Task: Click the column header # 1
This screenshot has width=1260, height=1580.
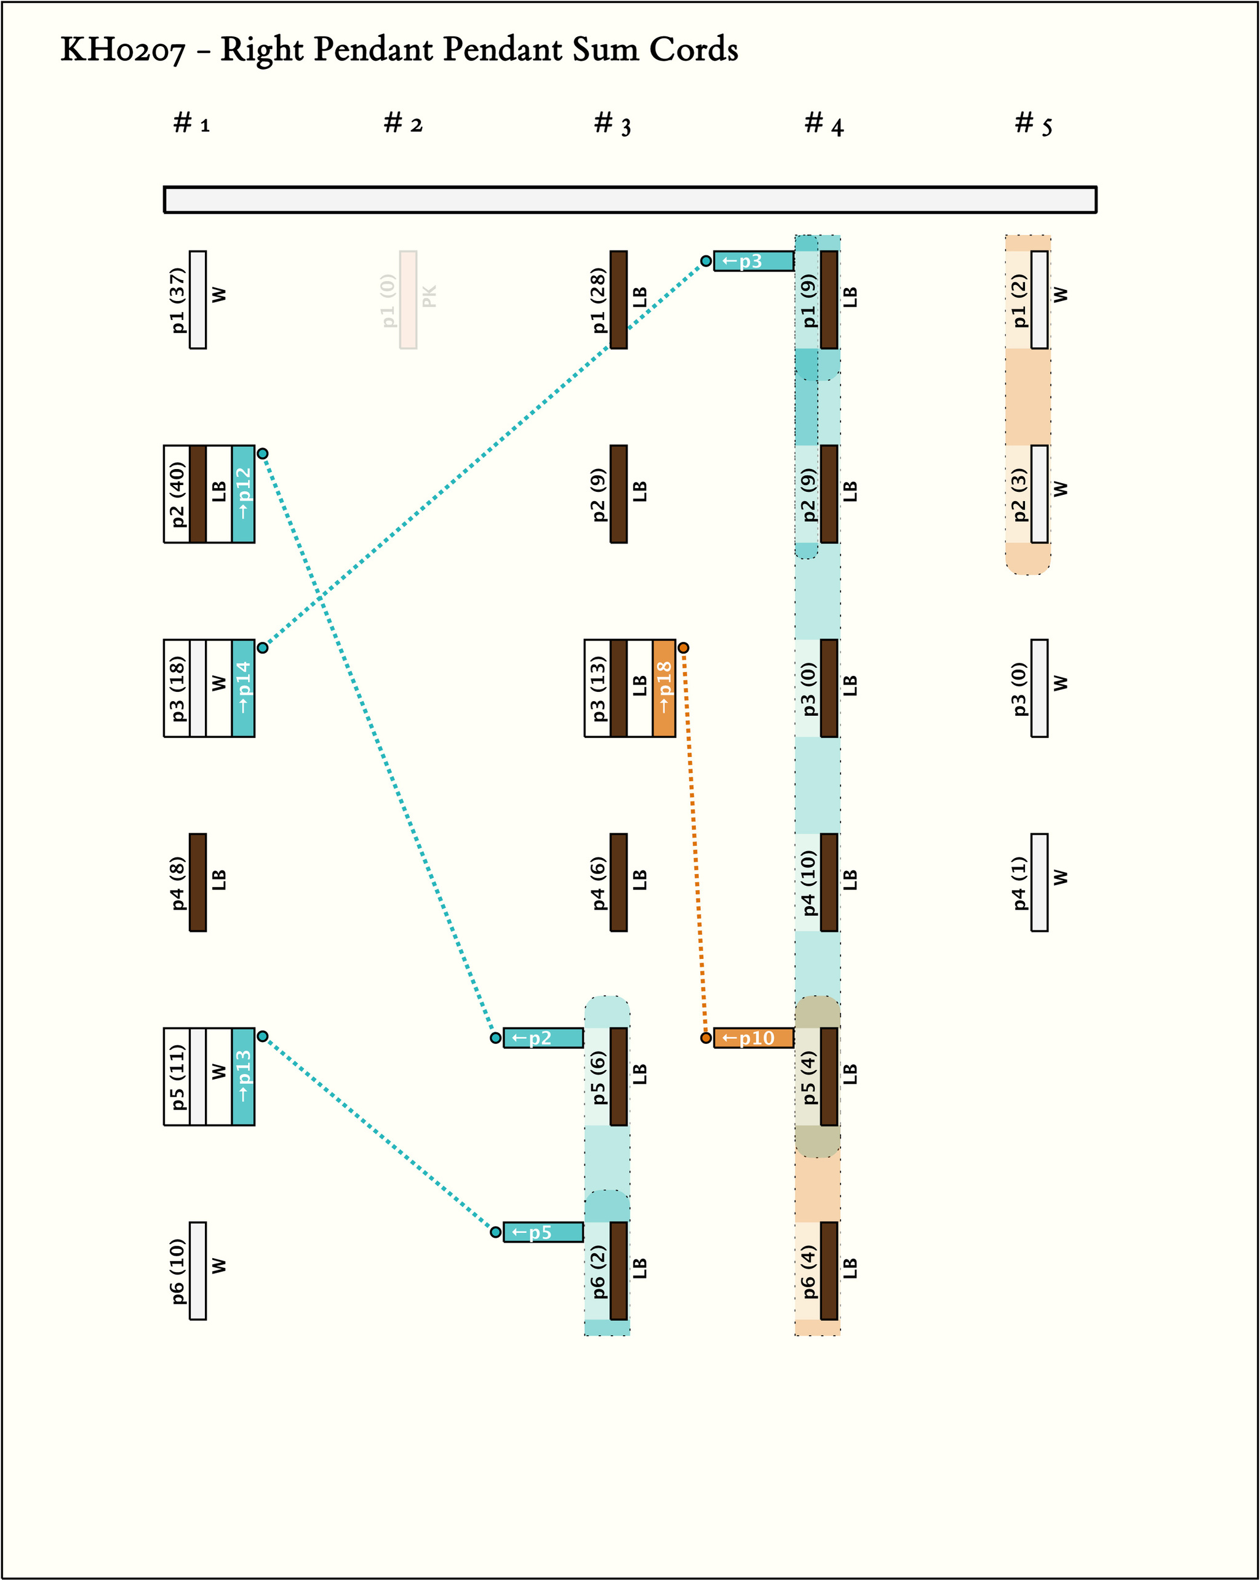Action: [x=191, y=123]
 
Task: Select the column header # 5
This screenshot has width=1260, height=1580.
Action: [x=1033, y=123]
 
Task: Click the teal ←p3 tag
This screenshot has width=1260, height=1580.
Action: [x=753, y=261]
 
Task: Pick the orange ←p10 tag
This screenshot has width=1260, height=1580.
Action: [x=753, y=1038]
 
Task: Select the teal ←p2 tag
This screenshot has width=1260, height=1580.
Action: [x=543, y=1038]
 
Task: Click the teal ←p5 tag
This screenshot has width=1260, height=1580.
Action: [x=543, y=1232]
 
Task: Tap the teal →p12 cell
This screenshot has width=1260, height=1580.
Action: [x=243, y=494]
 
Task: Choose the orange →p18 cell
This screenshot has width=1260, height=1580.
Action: [x=664, y=688]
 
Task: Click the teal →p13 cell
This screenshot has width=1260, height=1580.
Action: [x=243, y=1077]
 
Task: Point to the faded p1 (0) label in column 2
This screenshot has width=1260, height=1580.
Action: [x=388, y=300]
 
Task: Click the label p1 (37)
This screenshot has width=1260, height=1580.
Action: [x=178, y=300]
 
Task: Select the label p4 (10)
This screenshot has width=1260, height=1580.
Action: [x=809, y=883]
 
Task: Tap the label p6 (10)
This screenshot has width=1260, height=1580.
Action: [x=178, y=1271]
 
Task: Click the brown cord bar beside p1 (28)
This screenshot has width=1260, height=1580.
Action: [x=618, y=300]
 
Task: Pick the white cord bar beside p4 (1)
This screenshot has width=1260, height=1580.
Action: [x=1039, y=883]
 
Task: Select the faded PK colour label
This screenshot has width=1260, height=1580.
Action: [x=429, y=296]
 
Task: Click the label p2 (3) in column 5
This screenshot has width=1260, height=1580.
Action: [x=1019, y=494]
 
